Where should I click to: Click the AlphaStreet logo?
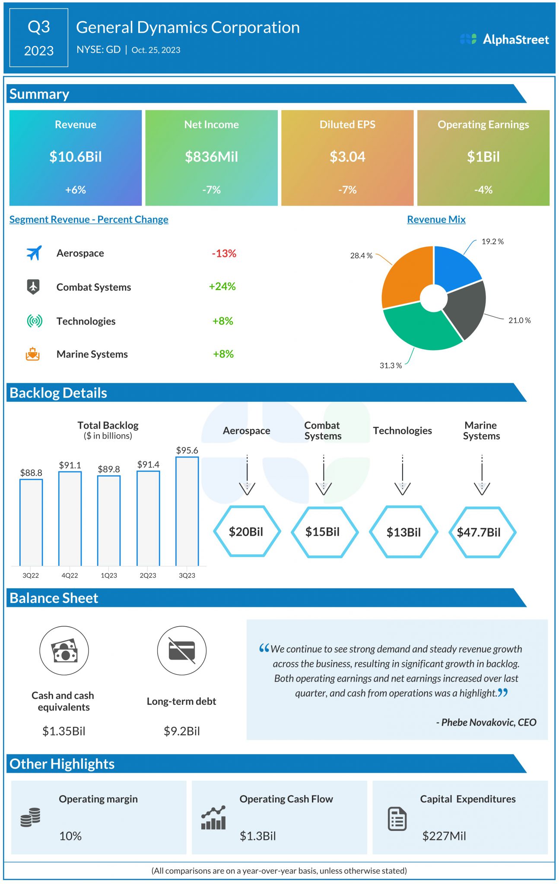point(504,39)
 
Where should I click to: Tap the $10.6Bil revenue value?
point(76,157)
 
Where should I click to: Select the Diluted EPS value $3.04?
point(347,157)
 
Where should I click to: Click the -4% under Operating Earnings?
point(483,190)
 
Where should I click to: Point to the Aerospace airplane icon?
point(34,253)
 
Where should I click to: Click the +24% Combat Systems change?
point(222,287)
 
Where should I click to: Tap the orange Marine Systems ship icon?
point(33,354)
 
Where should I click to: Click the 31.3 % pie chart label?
point(391,366)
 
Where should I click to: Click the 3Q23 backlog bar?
point(187,511)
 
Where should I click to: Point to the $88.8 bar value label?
point(31,473)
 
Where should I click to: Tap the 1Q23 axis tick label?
point(109,575)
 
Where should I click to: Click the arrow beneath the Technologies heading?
point(402,475)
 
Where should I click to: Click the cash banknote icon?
point(64,650)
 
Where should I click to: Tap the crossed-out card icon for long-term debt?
point(181,650)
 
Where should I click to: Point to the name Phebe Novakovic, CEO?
point(486,723)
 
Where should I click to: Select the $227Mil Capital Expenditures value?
point(444,836)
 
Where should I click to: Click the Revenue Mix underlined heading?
point(436,219)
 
